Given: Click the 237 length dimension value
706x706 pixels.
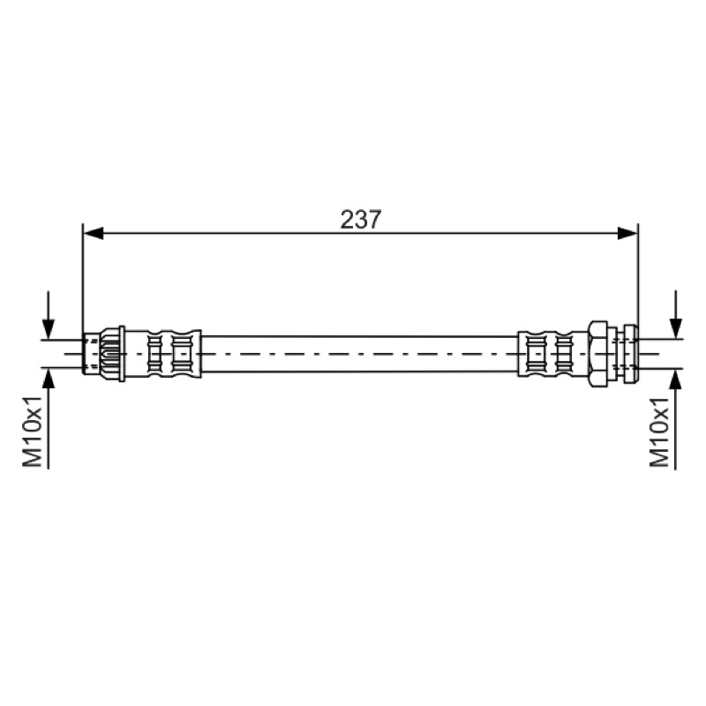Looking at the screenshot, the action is pos(361,220).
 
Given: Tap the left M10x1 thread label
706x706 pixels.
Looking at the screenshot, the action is pos(33,432).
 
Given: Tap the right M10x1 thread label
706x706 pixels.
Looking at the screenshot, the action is pos(659,432).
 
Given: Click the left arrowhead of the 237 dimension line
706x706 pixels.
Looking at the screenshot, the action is pos(94,233).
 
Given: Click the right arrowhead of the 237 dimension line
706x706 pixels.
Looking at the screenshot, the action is pos(627,233).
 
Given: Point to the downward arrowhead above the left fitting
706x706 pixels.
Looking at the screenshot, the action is pos(49,328).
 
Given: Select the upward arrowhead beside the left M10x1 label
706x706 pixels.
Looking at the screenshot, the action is pos(49,379).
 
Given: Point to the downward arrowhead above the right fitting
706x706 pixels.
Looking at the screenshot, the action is pos(675,328).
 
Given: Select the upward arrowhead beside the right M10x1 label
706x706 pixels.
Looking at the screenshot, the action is pos(675,379).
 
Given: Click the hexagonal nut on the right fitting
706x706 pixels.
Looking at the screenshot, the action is pos(597,354).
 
